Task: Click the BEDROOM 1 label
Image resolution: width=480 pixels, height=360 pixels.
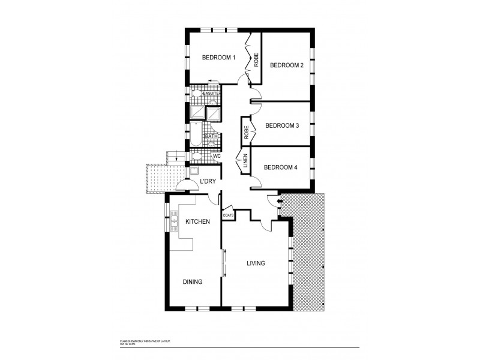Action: [218, 58]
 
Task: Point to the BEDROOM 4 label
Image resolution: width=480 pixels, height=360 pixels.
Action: [281, 167]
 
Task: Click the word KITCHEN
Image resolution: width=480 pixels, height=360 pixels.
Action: [197, 222]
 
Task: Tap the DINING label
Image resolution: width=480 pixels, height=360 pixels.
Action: [193, 282]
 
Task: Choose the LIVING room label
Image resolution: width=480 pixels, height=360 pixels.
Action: [256, 263]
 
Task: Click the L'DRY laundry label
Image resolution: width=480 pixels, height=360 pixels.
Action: [208, 181]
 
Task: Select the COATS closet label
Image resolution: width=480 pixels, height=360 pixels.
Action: [228, 215]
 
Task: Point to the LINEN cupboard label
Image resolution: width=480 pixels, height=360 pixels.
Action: [245, 161]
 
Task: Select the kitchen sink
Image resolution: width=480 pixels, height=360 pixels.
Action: [175, 221]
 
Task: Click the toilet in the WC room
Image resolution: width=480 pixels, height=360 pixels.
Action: [197, 157]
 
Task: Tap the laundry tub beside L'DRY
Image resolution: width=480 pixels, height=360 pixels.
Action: [195, 171]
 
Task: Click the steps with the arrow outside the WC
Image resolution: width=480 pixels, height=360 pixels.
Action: [175, 158]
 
